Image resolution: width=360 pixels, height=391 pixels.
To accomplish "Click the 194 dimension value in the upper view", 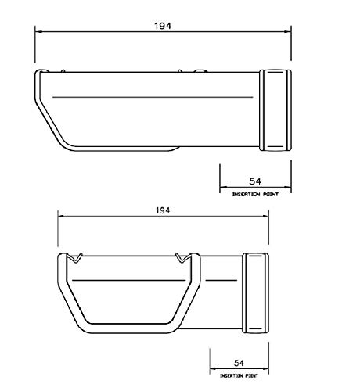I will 164,25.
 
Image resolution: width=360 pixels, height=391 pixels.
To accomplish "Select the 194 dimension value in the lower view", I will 163,211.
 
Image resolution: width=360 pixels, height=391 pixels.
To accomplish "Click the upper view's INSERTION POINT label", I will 256,192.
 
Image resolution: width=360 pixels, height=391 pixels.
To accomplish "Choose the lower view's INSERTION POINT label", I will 239,375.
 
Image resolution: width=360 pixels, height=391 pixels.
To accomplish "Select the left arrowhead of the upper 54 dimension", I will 223,188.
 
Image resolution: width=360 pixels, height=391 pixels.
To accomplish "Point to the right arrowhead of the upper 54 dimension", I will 288,188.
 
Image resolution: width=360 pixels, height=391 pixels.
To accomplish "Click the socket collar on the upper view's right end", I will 278,109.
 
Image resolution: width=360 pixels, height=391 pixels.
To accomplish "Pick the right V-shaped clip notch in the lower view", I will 182,258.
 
